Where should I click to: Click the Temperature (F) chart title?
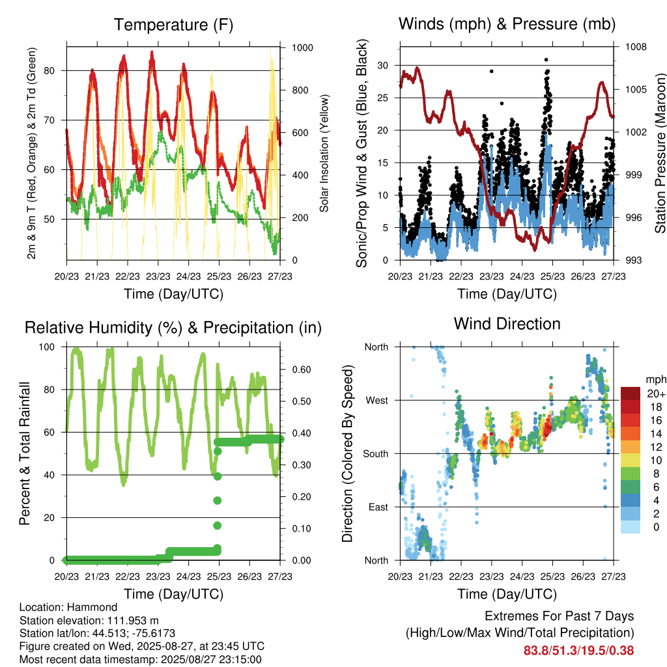[x=173, y=25]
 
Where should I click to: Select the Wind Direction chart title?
[x=507, y=324]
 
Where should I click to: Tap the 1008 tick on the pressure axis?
[x=636, y=47]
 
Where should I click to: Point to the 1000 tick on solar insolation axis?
[x=302, y=48]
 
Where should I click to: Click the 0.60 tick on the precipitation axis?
[x=302, y=370]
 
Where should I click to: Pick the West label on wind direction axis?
[x=377, y=401]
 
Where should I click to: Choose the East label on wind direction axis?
[x=378, y=507]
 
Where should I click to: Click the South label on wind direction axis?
[x=376, y=454]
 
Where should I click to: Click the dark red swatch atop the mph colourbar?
[x=631, y=393]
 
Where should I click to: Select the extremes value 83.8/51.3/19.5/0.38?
[x=578, y=651]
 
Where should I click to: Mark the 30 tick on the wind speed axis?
[x=382, y=66]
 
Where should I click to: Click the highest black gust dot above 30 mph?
[x=546, y=60]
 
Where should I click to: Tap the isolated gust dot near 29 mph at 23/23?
[x=492, y=72]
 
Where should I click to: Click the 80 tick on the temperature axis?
[x=50, y=70]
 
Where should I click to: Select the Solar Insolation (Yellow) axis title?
[x=324, y=153]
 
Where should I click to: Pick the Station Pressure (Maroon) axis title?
[x=660, y=153]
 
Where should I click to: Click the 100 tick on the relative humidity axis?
[x=47, y=347]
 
